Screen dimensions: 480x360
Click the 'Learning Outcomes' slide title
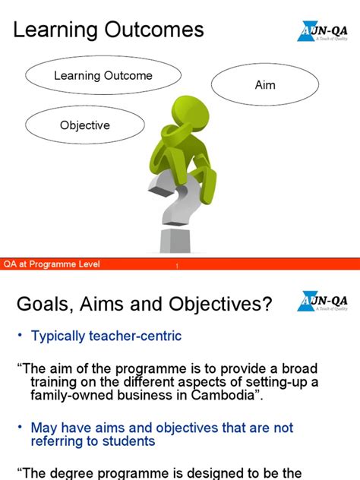[109, 30]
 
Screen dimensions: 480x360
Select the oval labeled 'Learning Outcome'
[103, 76]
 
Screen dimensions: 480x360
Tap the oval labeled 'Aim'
[265, 85]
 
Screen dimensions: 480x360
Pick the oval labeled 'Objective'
[85, 125]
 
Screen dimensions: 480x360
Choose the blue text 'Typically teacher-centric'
[106, 336]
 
